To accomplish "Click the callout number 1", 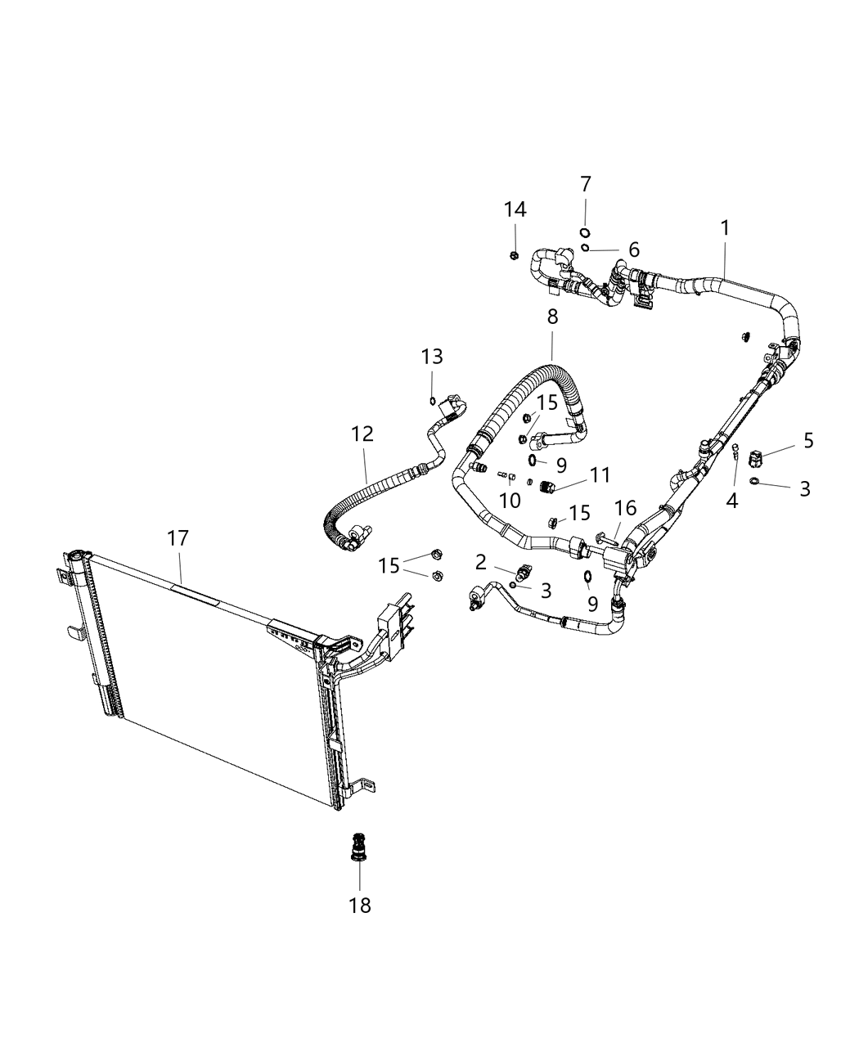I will pos(725,228).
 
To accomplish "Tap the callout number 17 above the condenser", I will pos(178,539).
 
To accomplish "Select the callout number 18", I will pos(360,906).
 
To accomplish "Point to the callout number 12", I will pos(362,434).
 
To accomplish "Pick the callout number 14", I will pos(515,210).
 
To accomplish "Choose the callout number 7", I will pos(586,185).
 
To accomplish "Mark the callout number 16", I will pos(625,510).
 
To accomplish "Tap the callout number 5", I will pos(808,441).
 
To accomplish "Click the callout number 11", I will pos(600,474).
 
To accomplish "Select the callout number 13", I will pos(432,357).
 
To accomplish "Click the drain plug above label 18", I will pos(358,847).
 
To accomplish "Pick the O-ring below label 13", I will pos(432,400).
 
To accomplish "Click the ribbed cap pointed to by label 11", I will pos(548,488).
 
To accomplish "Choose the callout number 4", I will pos(732,501).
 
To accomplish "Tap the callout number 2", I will pos(480,562).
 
